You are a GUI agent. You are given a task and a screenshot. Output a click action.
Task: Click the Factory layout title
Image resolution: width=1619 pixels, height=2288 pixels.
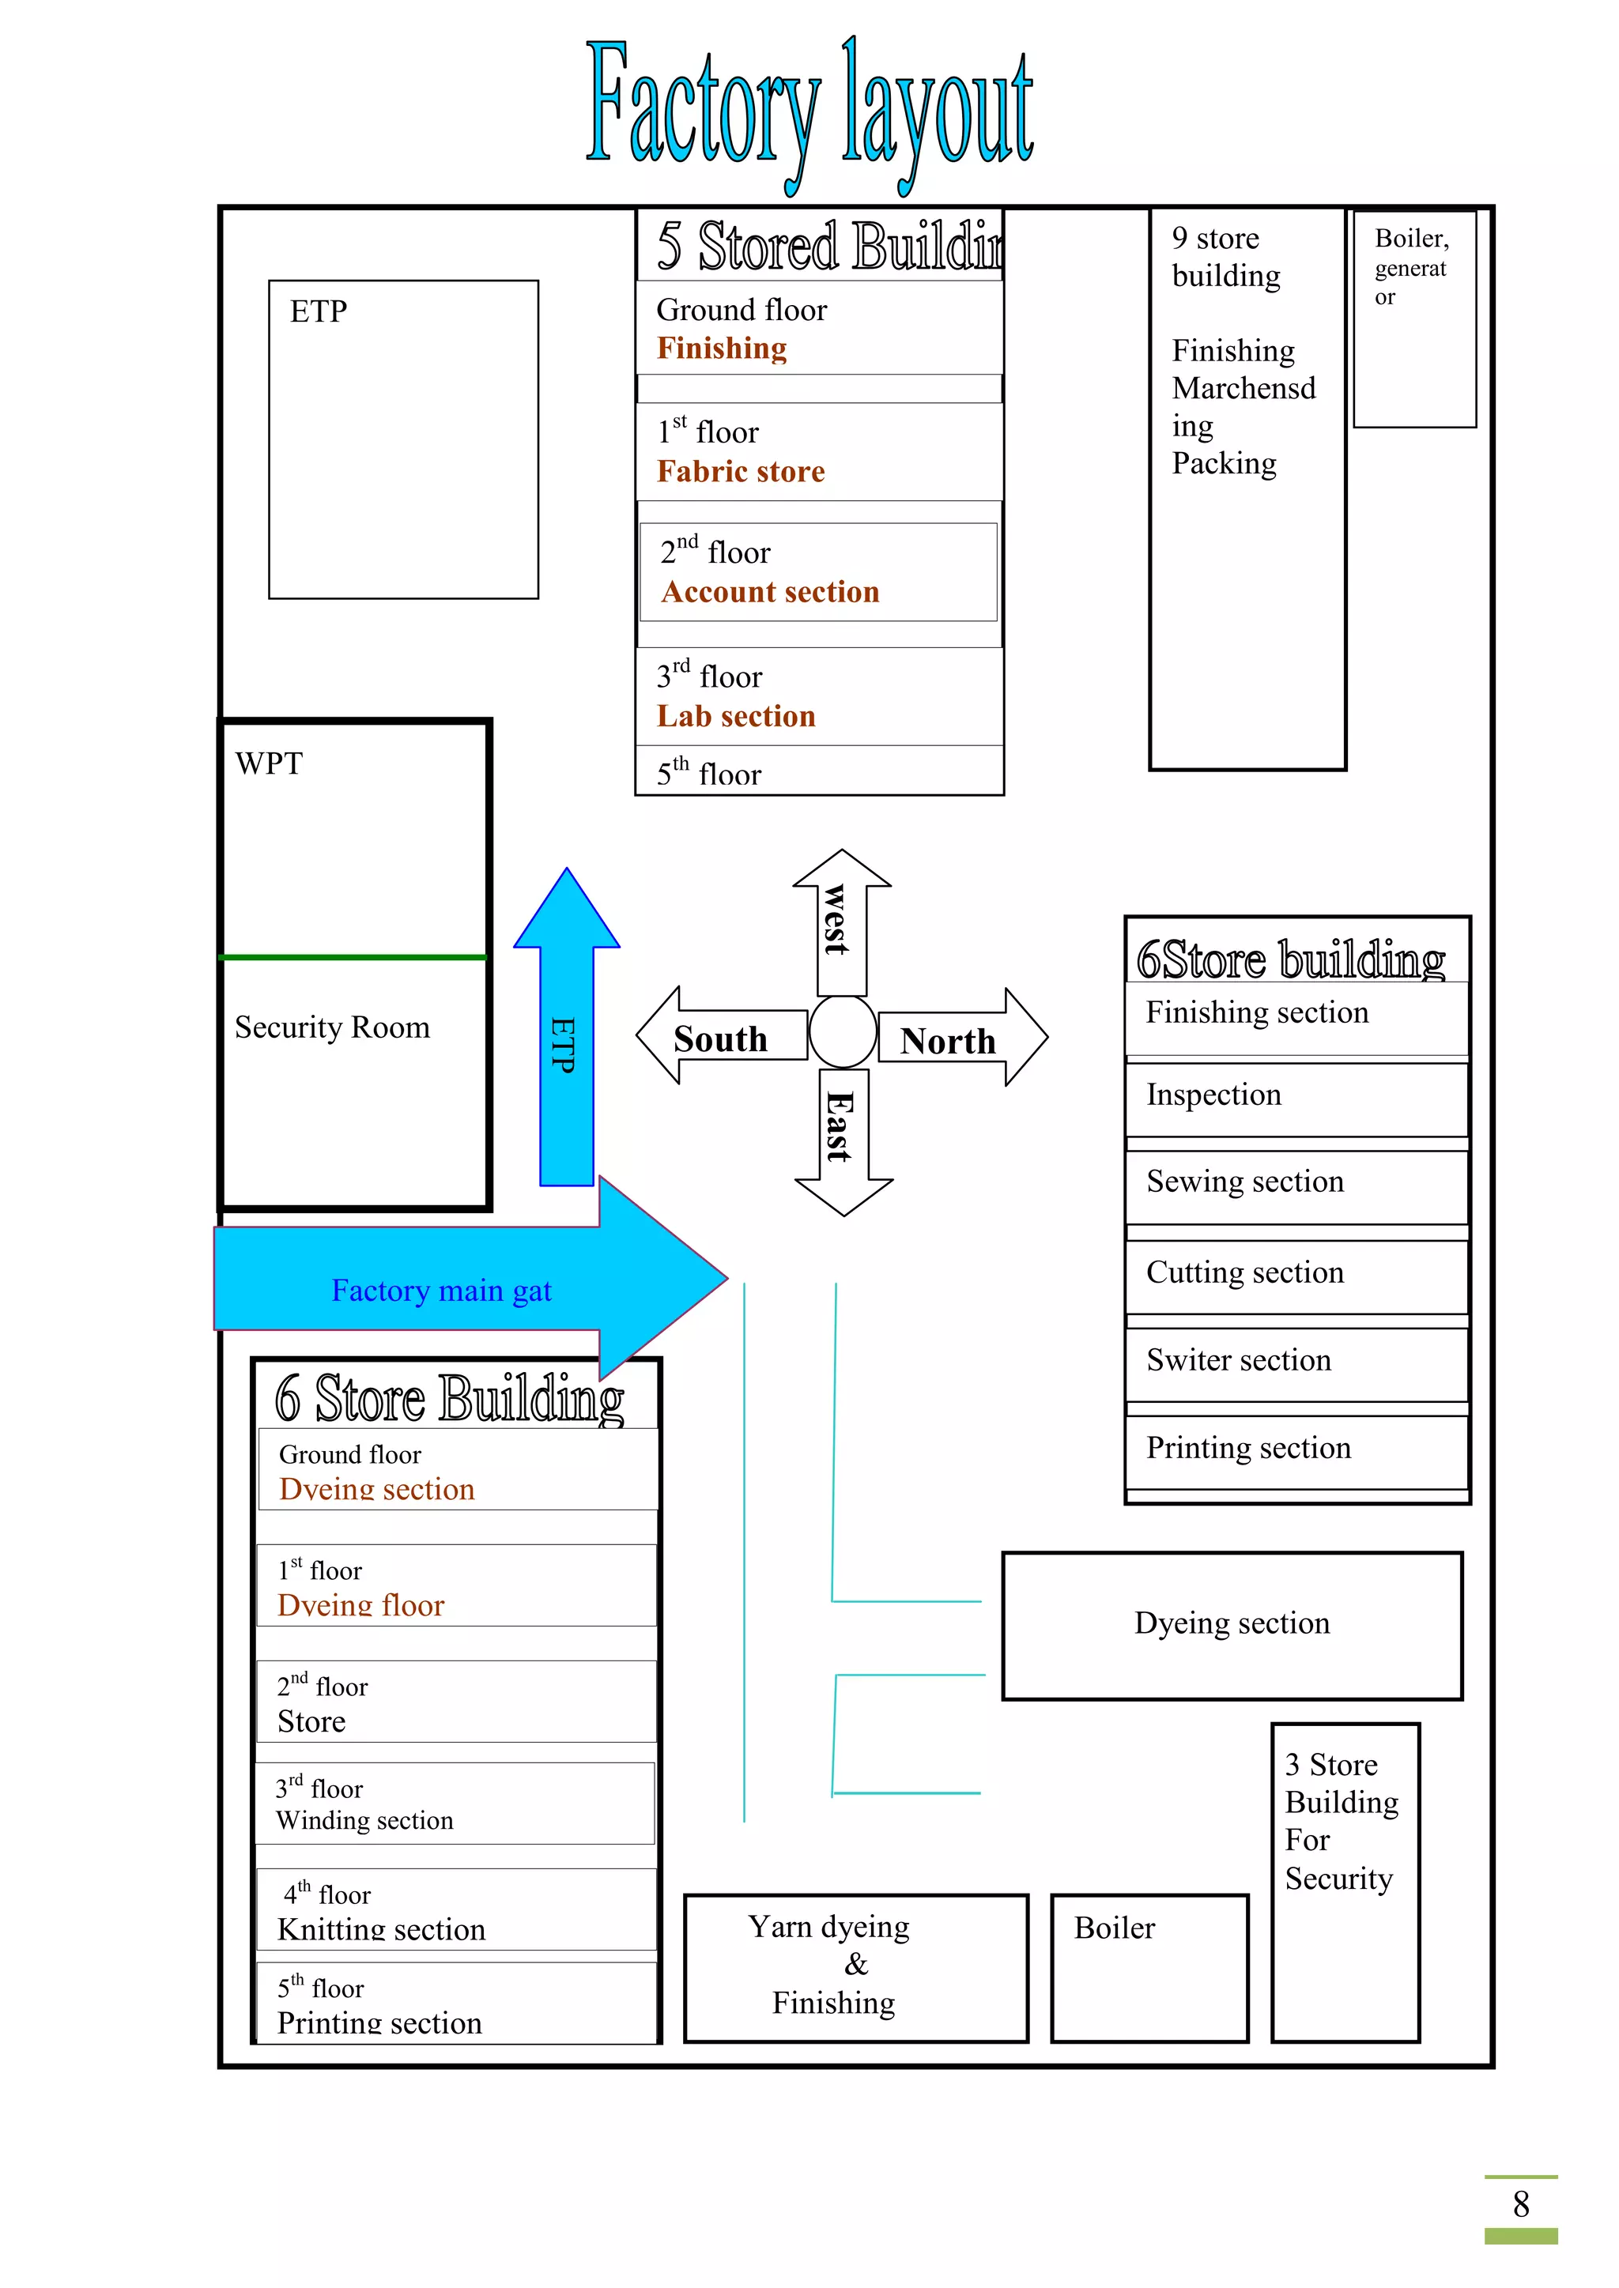pos(809,110)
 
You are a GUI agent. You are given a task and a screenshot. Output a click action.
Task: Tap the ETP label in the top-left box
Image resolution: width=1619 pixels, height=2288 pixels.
pos(319,312)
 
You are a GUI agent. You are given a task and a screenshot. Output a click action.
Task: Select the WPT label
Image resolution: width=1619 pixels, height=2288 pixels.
pos(269,764)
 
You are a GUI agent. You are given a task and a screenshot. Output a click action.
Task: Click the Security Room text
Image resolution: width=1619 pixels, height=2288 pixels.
pos(332,1027)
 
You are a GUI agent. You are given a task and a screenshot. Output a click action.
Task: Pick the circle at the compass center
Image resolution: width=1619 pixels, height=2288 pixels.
pos(843,1032)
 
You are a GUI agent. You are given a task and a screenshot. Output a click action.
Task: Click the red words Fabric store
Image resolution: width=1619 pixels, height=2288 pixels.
pos(741,471)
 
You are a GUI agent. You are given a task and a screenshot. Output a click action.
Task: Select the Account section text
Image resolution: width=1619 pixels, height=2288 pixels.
pos(770,592)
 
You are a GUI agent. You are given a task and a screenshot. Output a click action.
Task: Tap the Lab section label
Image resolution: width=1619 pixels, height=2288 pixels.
pos(736,717)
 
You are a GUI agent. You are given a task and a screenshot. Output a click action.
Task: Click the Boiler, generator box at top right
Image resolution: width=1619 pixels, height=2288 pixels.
pos(1413,319)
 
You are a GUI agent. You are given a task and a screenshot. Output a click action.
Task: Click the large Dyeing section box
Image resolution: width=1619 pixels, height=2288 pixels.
pos(1232,1624)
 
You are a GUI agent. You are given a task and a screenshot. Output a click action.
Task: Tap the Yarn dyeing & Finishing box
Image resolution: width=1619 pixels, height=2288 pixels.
pos(855,1967)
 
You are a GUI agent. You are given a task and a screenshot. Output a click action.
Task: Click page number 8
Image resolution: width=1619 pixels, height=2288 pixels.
pos(1520,2204)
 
